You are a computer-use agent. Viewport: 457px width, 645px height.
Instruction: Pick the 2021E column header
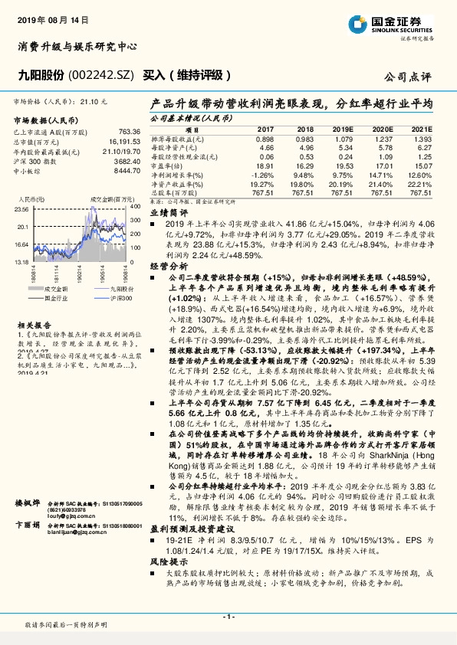(x=421, y=130)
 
